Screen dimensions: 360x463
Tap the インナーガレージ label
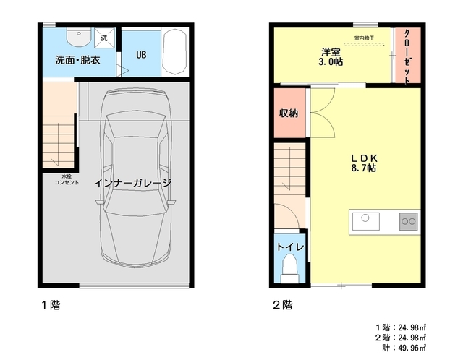click(132, 183)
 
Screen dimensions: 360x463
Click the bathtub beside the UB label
click(175, 52)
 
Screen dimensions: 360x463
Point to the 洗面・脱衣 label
click(77, 60)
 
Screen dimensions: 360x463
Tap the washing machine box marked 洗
click(103, 38)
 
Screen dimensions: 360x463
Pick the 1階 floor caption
click(51, 305)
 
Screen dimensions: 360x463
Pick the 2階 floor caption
click(283, 305)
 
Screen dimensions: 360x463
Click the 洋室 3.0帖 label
click(332, 56)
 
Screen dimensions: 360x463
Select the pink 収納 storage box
click(289, 113)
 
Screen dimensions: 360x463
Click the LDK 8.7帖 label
click(364, 162)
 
